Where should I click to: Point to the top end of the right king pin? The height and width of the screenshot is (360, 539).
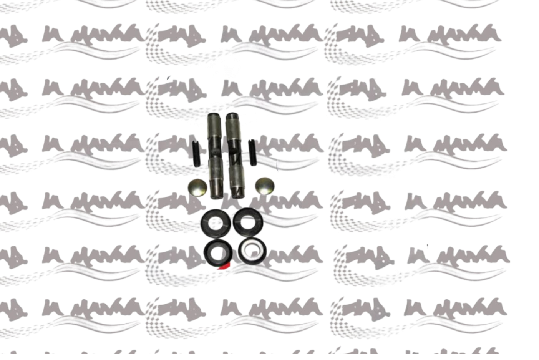click(232, 116)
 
